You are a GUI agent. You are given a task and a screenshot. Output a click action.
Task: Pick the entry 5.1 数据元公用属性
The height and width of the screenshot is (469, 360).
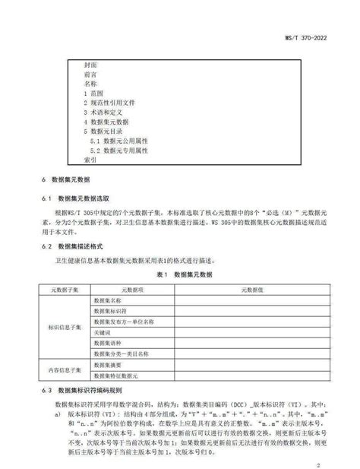pos(118,141)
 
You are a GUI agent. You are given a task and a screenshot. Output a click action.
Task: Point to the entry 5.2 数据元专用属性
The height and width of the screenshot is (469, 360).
pos(118,151)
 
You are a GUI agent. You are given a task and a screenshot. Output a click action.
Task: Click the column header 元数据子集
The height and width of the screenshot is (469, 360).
pos(64,289)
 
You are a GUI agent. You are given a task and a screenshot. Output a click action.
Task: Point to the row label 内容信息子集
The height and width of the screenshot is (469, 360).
pos(64,369)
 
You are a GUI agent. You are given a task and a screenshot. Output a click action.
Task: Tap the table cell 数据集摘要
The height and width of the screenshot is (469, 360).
pos(107,365)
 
